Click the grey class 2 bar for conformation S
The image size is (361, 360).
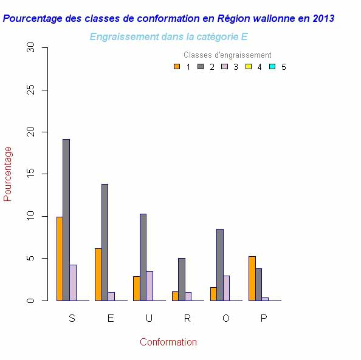pyautogui.click(x=66, y=220)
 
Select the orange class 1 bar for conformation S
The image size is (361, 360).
pyautogui.click(x=60, y=259)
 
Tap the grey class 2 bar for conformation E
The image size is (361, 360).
pyautogui.click(x=105, y=242)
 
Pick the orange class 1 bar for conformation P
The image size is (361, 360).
pyautogui.click(x=252, y=278)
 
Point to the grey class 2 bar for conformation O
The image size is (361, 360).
pyautogui.click(x=220, y=265)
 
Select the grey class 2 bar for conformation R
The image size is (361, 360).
pyautogui.click(x=182, y=279)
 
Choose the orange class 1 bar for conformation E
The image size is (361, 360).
pyautogui.click(x=98, y=274)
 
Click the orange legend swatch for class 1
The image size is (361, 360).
pyautogui.click(x=177, y=67)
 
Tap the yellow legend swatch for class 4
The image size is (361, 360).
pyautogui.click(x=248, y=67)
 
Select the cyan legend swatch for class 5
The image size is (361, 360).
pyautogui.click(x=272, y=67)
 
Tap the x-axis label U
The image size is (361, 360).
pyautogui.click(x=149, y=319)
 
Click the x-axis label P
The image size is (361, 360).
pyautogui.click(x=264, y=319)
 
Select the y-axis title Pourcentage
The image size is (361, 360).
pyautogui.click(x=8, y=174)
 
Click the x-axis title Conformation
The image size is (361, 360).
pyautogui.click(x=168, y=342)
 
